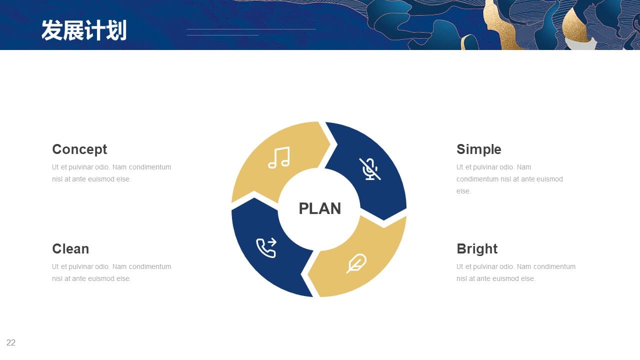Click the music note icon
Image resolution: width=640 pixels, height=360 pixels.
[279, 157]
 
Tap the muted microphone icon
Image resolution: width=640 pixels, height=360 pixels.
[370, 169]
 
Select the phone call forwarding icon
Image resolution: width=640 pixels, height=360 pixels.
[266, 247]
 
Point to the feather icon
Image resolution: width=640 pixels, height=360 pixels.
[356, 263]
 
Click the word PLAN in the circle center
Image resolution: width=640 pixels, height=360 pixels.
[319, 208]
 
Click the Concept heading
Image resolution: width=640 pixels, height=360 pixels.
[79, 149]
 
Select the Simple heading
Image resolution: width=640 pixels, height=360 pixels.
[479, 149]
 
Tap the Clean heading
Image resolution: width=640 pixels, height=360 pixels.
[70, 248]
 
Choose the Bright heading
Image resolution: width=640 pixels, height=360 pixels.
[477, 249]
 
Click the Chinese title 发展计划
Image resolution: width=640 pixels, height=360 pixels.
[84, 30]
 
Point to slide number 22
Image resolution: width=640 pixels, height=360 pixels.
[11, 342]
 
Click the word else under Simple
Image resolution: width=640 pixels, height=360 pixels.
[463, 191]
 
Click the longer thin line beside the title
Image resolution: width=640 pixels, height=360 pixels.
[251, 29]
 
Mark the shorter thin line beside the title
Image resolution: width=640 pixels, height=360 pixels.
[223, 35]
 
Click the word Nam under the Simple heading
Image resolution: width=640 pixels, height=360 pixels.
[524, 167]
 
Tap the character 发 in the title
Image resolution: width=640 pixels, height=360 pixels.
[51, 30]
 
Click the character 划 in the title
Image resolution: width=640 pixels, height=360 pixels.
[116, 30]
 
